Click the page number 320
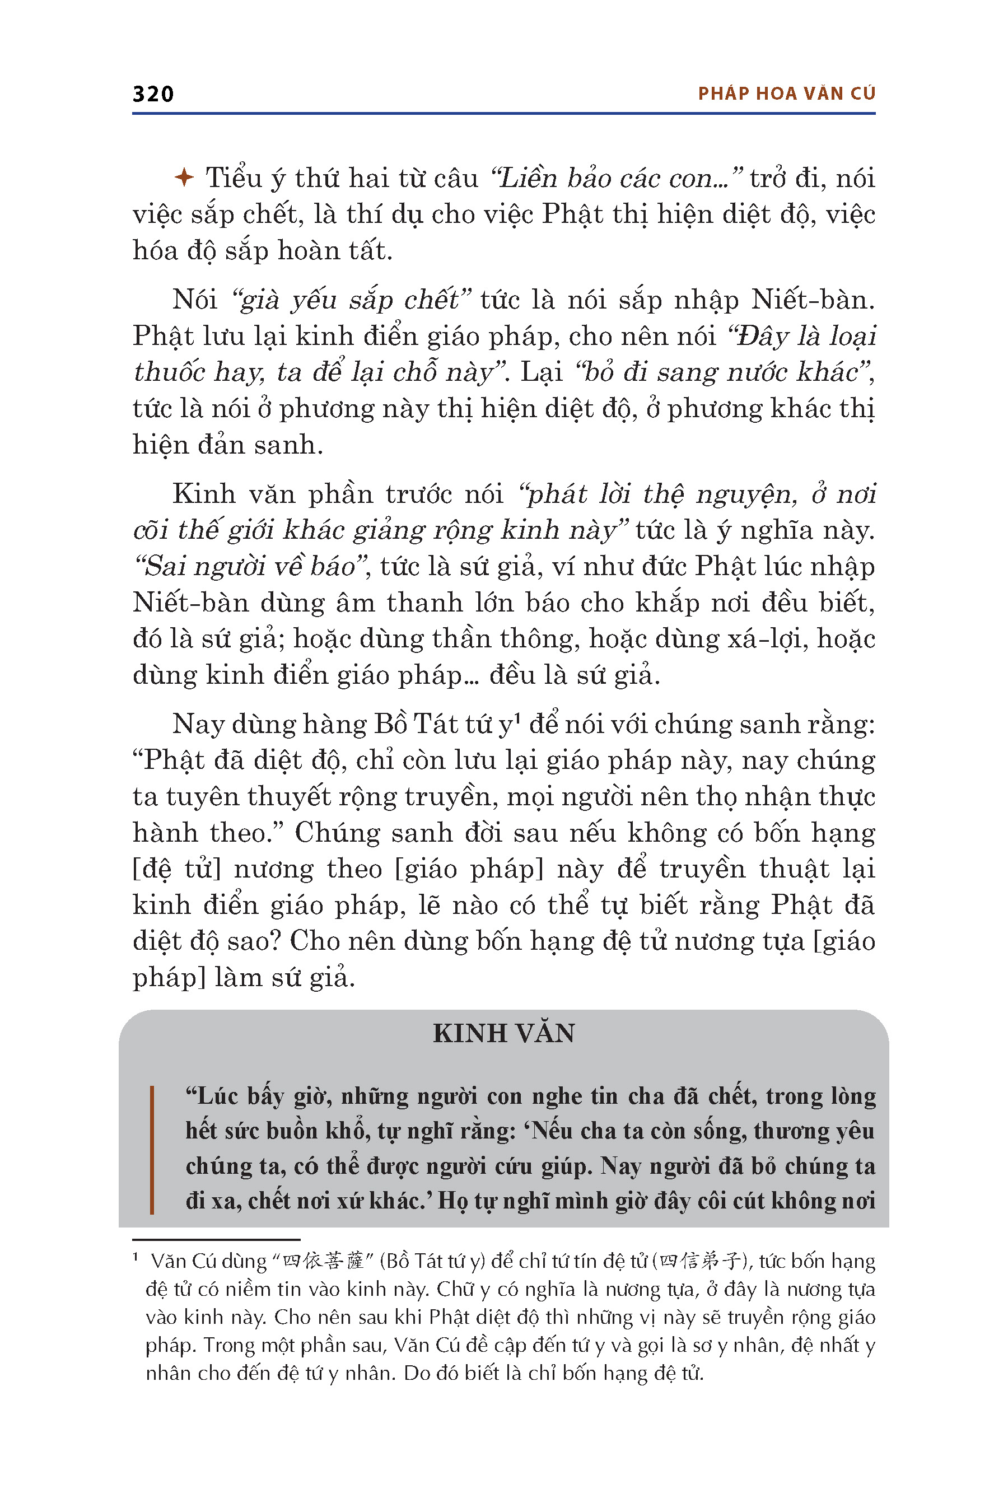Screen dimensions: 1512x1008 (153, 94)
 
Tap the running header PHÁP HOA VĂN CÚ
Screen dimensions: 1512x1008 (786, 94)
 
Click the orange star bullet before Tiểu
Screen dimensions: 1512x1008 (184, 178)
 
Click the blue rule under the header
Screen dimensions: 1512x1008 (503, 114)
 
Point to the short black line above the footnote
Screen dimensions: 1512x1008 (216, 1239)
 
